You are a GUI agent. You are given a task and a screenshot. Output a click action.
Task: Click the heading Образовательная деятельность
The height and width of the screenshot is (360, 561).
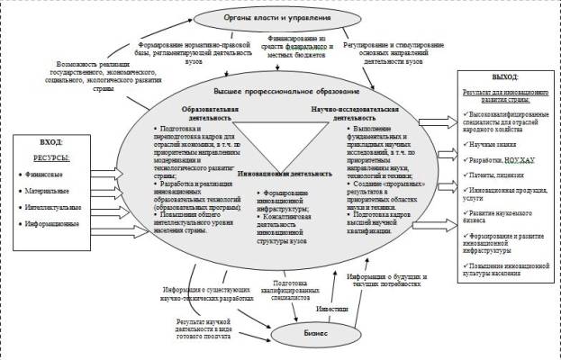pos(206,112)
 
